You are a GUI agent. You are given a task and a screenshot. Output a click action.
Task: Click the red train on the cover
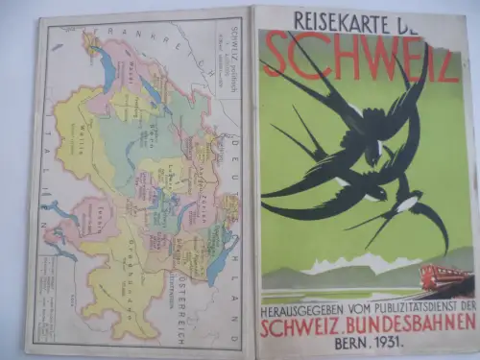[446, 279]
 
